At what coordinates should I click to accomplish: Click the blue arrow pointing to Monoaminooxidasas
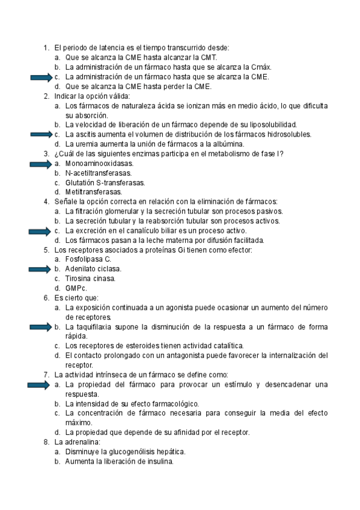tap(40, 163)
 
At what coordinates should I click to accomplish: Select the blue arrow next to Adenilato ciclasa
tap(40, 269)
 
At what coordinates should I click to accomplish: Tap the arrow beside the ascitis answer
tap(40, 134)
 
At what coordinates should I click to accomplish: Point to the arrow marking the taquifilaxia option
tap(40, 327)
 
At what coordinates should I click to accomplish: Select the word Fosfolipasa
tap(85, 259)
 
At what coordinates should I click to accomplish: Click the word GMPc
tap(76, 288)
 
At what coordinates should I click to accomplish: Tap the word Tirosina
tap(79, 278)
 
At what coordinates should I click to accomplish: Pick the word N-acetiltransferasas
tap(99, 173)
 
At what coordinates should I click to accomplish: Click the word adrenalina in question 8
tap(76, 442)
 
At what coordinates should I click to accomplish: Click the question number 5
tap(46, 250)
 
